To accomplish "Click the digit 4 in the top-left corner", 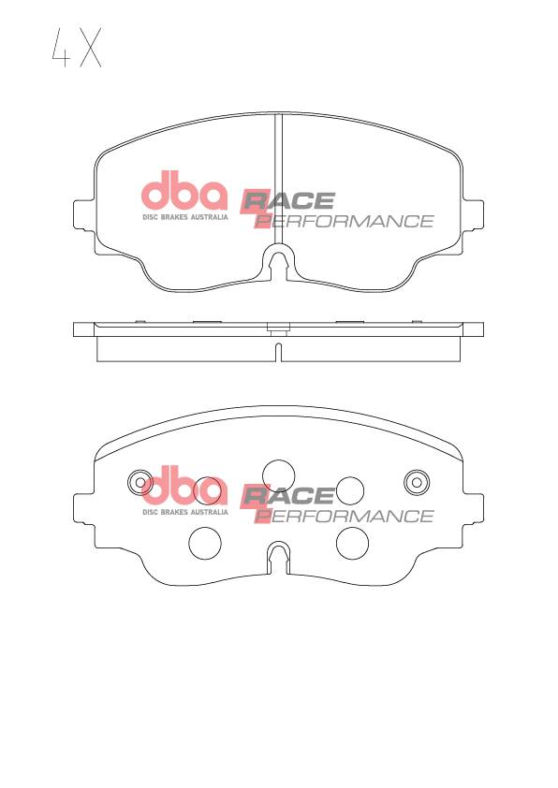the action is (62, 48).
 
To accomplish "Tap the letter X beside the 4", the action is (91, 48).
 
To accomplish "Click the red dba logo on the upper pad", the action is (184, 191).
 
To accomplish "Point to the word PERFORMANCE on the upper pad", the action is (345, 221).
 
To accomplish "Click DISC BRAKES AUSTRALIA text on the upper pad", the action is (185, 217).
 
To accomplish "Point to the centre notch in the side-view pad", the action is (278, 352).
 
